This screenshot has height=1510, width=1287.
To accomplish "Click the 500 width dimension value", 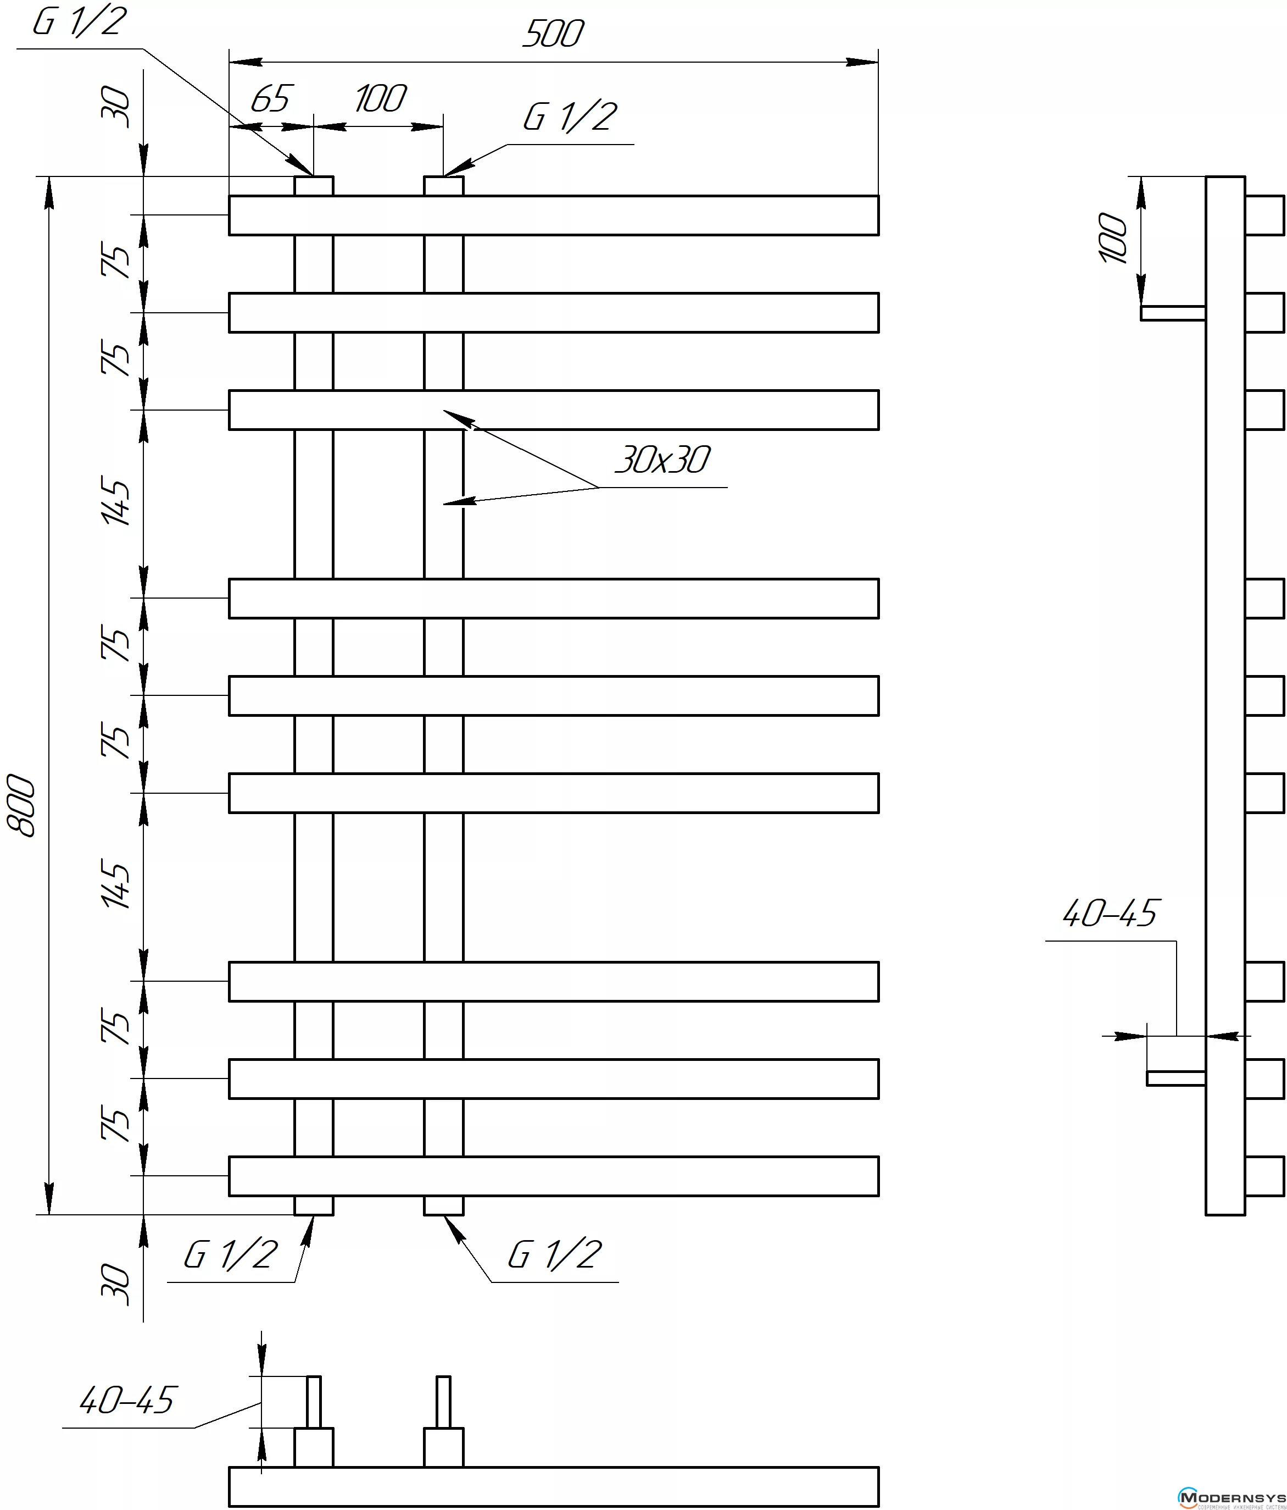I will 553,34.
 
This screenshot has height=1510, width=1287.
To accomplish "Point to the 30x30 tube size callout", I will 662,461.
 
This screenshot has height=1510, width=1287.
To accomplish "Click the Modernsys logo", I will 1232,1497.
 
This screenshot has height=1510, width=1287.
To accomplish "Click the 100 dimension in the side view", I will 1113,239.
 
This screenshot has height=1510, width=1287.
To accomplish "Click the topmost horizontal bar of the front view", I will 554,215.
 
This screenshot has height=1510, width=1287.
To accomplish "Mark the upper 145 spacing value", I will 116,501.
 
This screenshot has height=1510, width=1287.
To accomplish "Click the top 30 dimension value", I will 116,107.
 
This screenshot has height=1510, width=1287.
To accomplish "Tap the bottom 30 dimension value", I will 116,1285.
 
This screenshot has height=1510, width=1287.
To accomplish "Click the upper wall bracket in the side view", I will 1173,313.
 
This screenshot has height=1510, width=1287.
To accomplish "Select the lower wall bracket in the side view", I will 1175,1078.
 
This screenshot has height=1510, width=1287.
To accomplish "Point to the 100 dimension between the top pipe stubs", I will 380,99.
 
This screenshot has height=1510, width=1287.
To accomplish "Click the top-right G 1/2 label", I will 570,117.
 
